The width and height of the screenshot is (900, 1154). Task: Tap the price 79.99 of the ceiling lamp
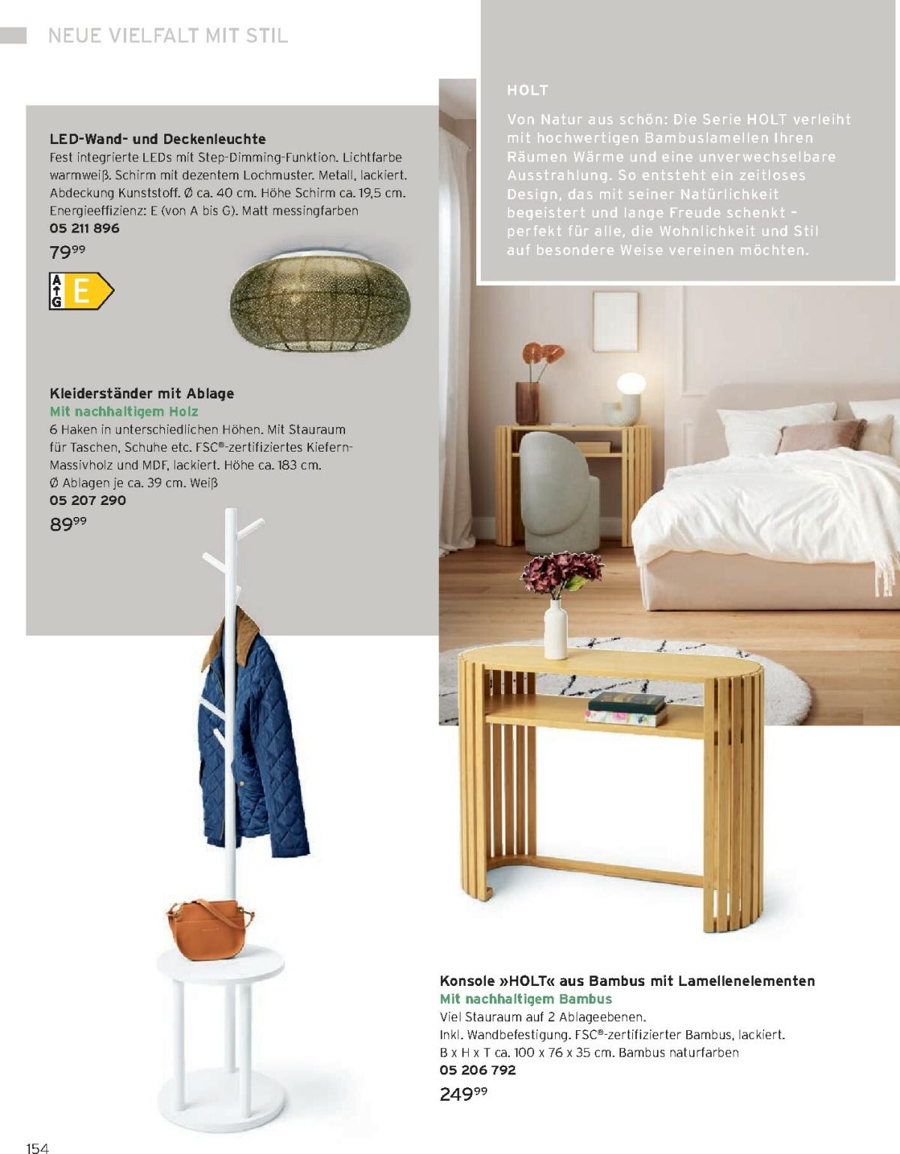(67, 252)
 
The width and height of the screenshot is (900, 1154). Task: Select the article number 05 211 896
(84, 228)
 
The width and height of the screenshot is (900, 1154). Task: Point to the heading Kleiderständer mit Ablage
(142, 393)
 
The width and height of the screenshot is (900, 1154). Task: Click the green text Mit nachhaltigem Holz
(124, 411)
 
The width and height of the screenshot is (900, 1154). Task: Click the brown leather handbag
(205, 929)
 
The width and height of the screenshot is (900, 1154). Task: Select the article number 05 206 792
(478, 1070)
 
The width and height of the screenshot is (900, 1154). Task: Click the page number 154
(37, 1147)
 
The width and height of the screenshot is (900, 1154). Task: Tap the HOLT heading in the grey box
(528, 90)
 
